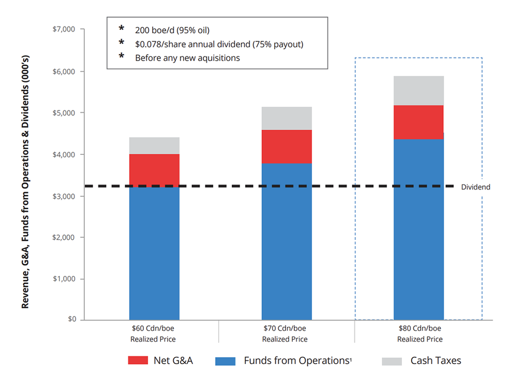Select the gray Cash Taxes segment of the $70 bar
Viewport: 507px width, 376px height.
click(287, 118)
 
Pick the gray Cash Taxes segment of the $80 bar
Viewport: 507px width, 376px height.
click(419, 91)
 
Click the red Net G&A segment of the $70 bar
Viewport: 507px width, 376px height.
click(287, 147)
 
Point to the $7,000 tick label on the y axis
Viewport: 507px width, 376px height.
click(65, 30)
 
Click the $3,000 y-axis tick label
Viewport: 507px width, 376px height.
click(65, 196)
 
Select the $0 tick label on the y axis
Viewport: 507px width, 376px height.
click(71, 320)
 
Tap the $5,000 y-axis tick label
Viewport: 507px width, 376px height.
click(65, 113)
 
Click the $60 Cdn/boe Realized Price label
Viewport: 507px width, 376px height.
click(154, 334)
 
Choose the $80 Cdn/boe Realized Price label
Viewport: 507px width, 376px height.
click(420, 334)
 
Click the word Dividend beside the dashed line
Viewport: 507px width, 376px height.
click(475, 187)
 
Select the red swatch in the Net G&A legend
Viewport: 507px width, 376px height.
click(138, 361)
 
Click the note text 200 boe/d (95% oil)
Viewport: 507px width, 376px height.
click(172, 30)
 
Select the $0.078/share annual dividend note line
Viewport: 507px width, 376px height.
click(219, 44)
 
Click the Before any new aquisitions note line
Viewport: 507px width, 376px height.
click(187, 57)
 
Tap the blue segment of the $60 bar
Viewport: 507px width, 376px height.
click(154, 254)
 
